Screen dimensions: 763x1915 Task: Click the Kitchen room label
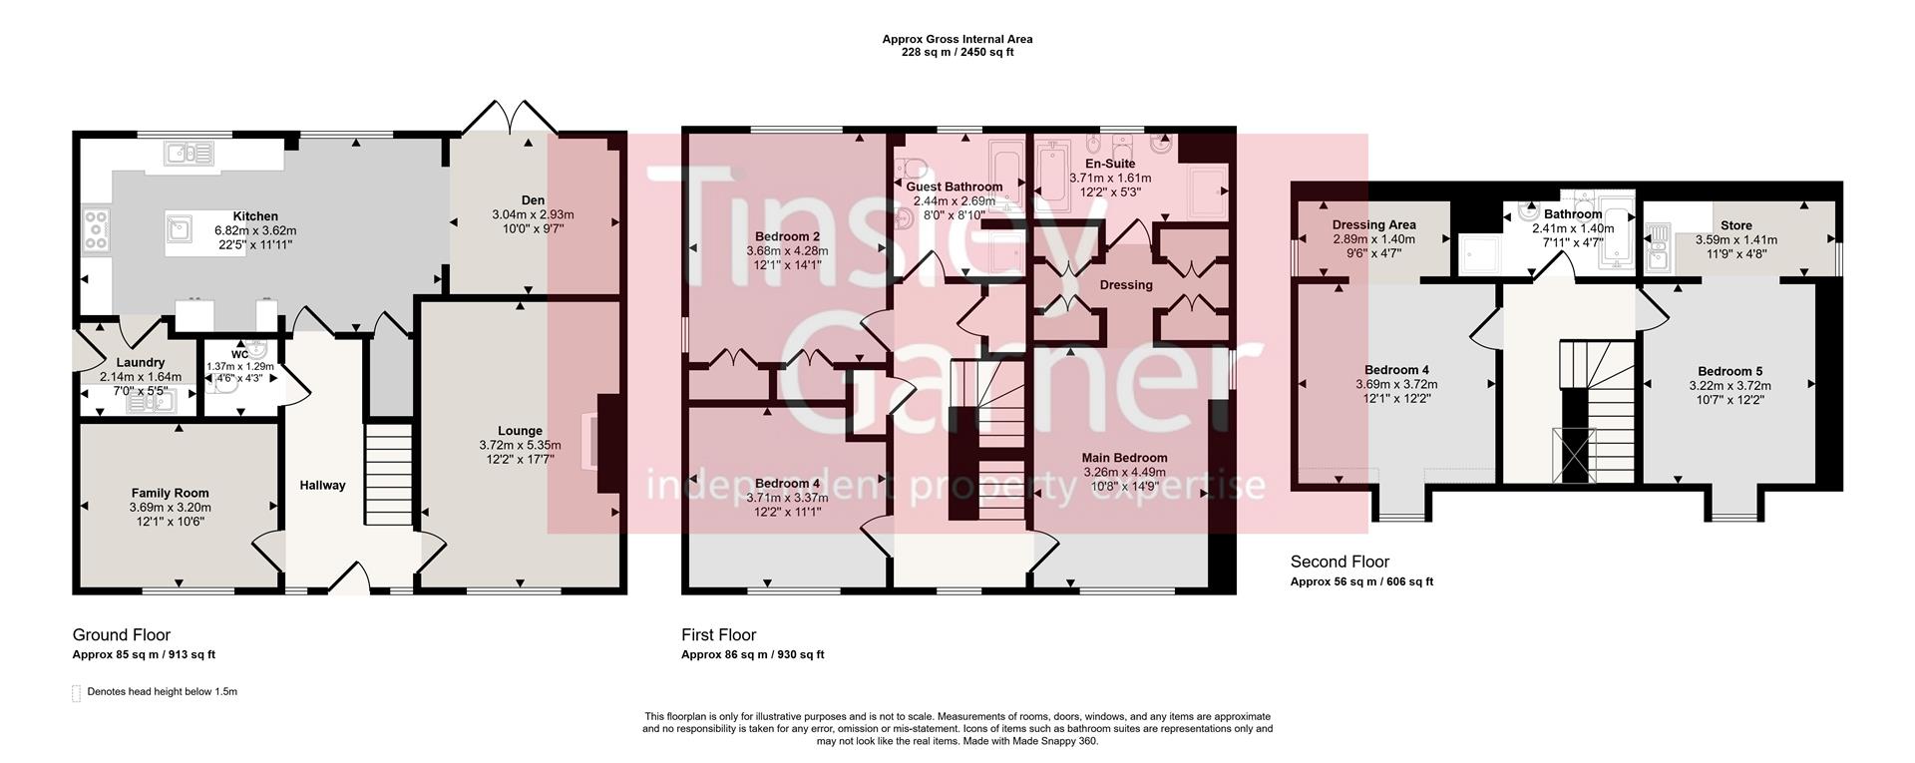click(255, 216)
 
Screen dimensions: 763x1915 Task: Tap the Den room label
click(533, 200)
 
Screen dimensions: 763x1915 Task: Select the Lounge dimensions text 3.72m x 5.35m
click(520, 446)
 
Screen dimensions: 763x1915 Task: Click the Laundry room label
click(140, 363)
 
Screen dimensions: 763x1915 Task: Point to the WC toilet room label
click(239, 354)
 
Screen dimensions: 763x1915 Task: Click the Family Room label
click(171, 493)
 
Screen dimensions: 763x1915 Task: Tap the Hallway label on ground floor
click(322, 486)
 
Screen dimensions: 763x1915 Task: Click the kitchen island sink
click(181, 229)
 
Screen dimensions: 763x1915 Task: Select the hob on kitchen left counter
click(98, 230)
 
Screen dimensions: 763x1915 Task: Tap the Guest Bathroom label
click(954, 187)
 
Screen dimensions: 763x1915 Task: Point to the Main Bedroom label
click(1124, 458)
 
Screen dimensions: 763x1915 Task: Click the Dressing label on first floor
click(1126, 285)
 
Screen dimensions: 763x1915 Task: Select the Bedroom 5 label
click(1729, 371)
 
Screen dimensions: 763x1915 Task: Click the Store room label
click(1735, 225)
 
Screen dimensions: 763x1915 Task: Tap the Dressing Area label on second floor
click(1373, 225)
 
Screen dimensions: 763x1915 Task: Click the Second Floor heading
click(1340, 562)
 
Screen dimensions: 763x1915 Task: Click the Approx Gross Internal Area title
click(957, 40)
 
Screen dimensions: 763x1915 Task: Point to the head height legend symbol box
click(76, 693)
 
